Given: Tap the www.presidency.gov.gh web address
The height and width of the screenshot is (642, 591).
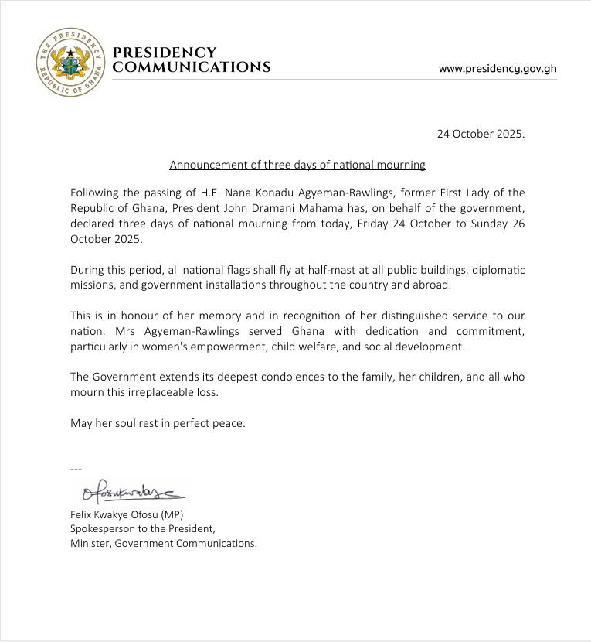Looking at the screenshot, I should pos(498,68).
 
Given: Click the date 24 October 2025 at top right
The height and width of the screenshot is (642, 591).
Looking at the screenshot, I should pos(481,133).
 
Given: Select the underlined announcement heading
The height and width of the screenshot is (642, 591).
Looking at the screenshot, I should pos(297,165).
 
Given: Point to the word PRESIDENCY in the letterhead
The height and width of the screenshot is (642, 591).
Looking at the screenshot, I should pos(165,53).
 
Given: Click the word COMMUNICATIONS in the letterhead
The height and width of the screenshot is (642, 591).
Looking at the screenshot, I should pos(192,67).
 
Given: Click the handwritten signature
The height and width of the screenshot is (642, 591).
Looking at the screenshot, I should pos(126,489).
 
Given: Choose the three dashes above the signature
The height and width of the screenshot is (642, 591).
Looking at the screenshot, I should pos(76,469).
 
